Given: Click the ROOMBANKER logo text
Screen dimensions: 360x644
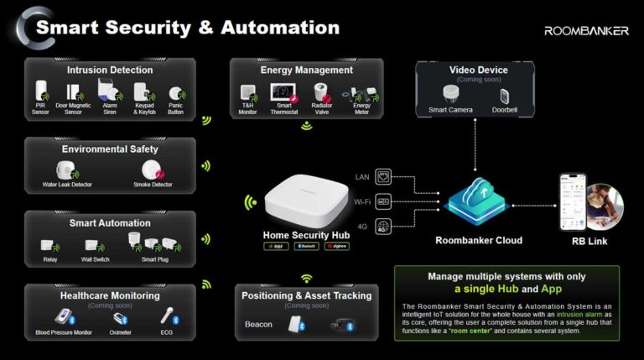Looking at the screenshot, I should pos(586,30).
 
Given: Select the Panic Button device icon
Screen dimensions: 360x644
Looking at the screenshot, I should pos(174,94).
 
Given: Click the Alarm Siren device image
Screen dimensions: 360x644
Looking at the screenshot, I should pos(106,91).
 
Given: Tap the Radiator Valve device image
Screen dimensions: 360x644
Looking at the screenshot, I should pos(322,92).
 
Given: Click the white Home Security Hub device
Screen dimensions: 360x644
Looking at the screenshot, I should pos(304,205).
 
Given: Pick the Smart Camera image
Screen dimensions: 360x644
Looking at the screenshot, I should pos(450,94).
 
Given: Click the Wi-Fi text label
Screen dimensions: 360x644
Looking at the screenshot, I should pos(361,201).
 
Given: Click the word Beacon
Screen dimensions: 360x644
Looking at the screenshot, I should pos(259,324).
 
